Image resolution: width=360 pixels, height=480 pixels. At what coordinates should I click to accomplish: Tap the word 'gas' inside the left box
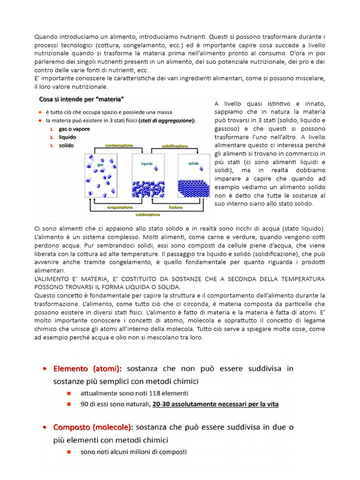pos(100,165)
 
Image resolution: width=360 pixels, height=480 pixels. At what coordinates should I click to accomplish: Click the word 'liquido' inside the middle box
pos(147,164)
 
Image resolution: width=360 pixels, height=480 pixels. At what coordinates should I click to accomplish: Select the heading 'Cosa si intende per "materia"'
pos(81,99)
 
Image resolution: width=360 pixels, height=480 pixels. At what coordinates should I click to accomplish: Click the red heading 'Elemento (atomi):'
pos(87,368)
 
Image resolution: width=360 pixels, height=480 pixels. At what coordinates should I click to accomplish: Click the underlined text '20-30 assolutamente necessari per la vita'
pos(215,404)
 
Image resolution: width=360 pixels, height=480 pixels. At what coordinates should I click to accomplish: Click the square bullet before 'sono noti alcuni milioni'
pos(69,452)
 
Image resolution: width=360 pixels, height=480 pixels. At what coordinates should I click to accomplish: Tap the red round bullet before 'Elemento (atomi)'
pos(44,369)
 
